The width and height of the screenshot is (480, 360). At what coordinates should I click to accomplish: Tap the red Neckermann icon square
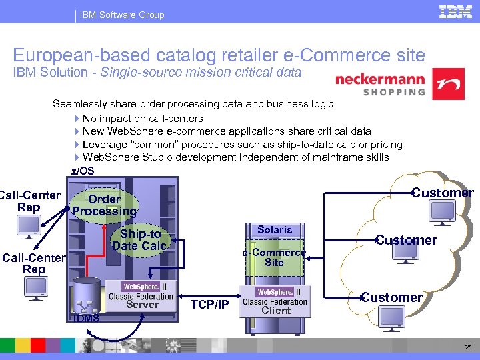point(449,84)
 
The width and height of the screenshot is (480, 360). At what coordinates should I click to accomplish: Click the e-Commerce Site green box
point(274,257)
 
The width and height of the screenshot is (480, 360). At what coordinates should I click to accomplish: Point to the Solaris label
point(275,229)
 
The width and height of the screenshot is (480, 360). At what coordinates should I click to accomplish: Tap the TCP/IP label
point(209,305)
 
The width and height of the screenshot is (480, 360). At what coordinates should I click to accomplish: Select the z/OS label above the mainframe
point(83,171)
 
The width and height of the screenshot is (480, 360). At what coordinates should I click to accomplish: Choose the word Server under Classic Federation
point(142,305)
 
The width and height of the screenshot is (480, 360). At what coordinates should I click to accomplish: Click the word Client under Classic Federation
point(276,310)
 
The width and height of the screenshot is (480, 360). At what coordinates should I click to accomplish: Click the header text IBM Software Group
point(121,15)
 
